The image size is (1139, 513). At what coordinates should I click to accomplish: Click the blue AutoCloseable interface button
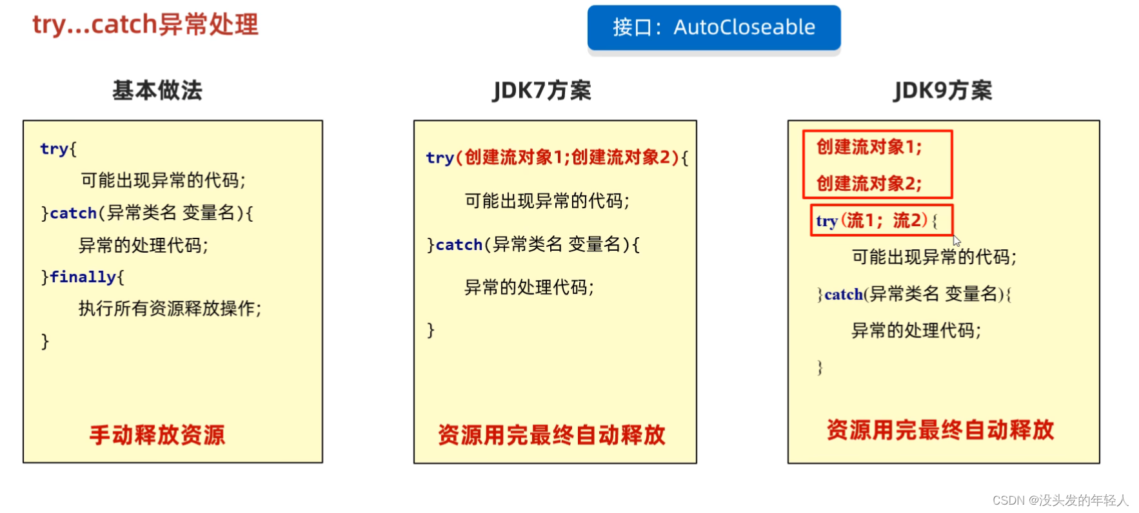pos(713,27)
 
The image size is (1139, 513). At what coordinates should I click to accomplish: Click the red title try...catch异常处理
pos(145,24)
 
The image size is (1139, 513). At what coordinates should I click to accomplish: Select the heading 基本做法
pos(157,90)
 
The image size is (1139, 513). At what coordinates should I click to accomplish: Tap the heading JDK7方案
pos(542,90)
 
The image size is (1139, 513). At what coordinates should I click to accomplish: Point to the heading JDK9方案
pos(942,90)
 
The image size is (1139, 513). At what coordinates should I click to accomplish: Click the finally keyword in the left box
pos(83,277)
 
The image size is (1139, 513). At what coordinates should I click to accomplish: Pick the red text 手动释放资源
pos(157,435)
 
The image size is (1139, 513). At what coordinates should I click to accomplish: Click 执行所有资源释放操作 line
pos(170,309)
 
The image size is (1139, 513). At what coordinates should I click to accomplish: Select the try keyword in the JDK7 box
pos(440,158)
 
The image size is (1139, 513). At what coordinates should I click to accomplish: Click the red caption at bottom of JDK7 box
pos(551,435)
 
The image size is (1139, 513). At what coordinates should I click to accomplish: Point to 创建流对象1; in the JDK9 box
pos(869,147)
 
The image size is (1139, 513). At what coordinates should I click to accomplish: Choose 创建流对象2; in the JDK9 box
pos(869,184)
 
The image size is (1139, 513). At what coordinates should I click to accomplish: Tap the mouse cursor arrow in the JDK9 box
pos(956,240)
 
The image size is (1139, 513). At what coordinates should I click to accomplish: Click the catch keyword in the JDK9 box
pos(844,295)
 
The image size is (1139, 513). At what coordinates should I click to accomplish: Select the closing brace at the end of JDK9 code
pos(820,367)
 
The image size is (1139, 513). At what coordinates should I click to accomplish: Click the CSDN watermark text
pos(1060,500)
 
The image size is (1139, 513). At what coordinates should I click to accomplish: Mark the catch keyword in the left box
pos(73,213)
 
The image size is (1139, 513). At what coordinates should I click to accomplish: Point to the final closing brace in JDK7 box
pos(431,330)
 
